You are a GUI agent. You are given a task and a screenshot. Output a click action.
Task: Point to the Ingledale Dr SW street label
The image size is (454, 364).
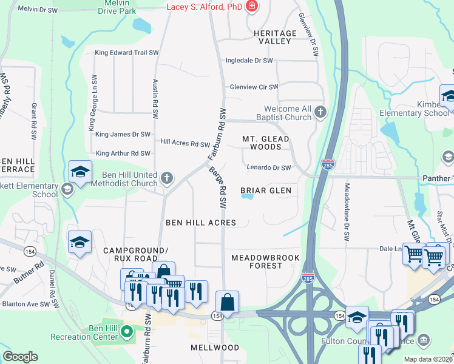click(249, 61)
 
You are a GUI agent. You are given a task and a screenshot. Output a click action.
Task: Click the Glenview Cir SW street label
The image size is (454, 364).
click(253, 87)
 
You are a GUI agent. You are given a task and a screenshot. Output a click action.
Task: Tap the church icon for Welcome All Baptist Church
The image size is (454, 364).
click(320, 112)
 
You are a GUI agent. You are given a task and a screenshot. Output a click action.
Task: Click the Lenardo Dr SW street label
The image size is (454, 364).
click(269, 167)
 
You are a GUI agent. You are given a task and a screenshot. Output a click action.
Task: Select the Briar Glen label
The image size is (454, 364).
click(266, 190)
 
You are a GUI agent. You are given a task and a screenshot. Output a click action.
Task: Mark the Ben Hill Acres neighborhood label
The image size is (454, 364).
click(201, 223)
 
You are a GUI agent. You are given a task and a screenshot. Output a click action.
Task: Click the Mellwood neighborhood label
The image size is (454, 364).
click(215, 348)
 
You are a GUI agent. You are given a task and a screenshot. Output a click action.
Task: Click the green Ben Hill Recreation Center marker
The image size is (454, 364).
click(127, 332)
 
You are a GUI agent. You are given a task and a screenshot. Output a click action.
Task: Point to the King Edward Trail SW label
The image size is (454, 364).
click(126, 53)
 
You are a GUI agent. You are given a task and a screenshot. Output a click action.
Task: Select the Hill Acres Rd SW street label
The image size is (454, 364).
click(185, 143)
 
